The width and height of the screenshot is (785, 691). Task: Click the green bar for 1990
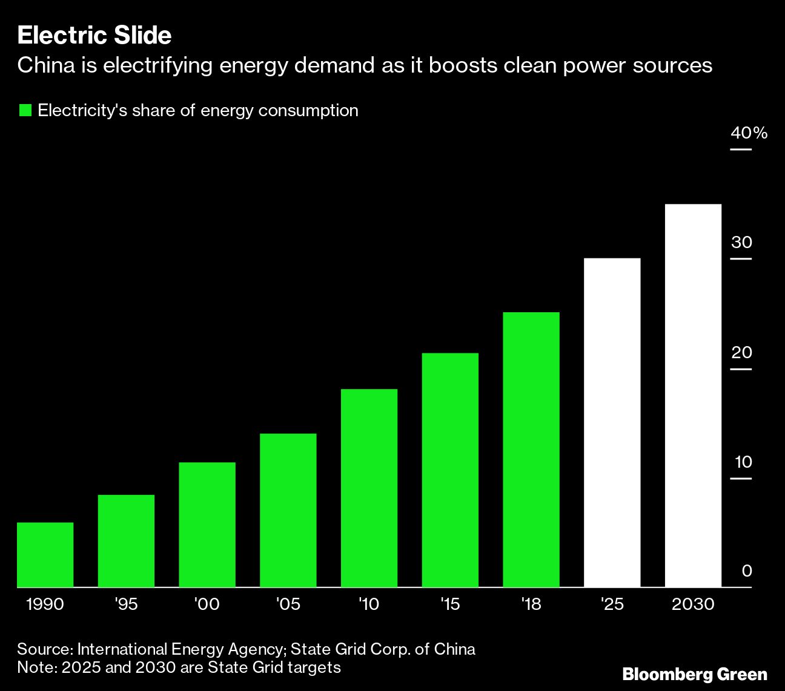(45, 554)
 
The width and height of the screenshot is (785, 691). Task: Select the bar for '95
(126, 541)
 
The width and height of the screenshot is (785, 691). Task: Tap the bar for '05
(288, 510)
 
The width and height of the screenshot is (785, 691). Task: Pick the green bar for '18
(531, 450)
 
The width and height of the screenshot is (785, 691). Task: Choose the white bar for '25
(612, 422)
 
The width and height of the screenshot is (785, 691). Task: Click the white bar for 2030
(693, 396)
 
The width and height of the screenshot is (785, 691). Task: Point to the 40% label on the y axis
(749, 133)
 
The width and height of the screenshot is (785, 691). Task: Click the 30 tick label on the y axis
(741, 243)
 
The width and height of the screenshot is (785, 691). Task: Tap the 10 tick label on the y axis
(743, 463)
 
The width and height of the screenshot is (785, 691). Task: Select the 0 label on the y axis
(746, 571)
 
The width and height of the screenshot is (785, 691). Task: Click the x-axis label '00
(207, 604)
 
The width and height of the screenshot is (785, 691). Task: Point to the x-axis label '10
(368, 604)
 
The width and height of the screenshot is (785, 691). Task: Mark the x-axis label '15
(449, 604)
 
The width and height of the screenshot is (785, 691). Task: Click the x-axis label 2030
(693, 604)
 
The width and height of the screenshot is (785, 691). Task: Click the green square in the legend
(25, 111)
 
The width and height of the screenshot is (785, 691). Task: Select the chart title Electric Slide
(94, 36)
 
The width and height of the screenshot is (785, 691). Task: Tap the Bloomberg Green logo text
(695, 674)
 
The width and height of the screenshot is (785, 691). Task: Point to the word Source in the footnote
(44, 649)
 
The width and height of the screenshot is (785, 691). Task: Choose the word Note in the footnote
(35, 667)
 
